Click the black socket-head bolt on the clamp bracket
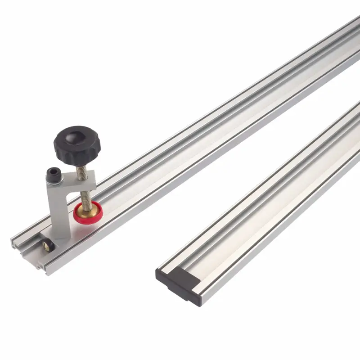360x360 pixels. click(x=54, y=172)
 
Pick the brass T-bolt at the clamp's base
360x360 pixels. click(x=47, y=246)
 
